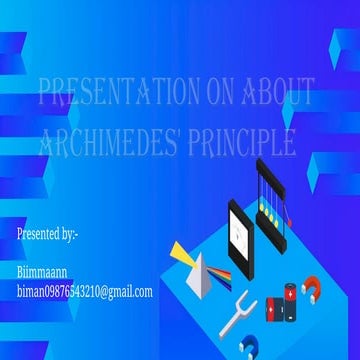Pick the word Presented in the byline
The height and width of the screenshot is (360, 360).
coord(38,234)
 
